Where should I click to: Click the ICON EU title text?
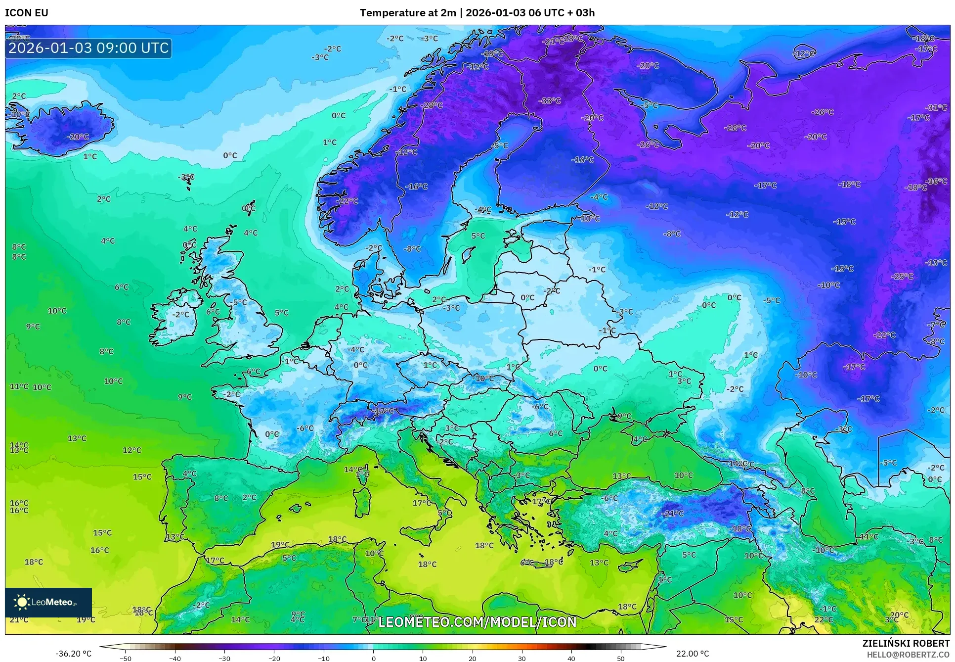click(x=27, y=13)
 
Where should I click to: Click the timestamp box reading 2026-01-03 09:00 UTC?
click(x=88, y=48)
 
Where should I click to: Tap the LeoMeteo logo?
click(x=48, y=602)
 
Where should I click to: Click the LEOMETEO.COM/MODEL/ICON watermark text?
click(x=477, y=622)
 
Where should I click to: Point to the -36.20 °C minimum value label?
click(x=73, y=654)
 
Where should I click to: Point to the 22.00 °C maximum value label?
click(x=692, y=654)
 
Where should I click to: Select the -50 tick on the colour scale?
click(x=126, y=658)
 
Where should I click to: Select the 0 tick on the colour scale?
click(x=373, y=658)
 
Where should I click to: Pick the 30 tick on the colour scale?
click(x=522, y=658)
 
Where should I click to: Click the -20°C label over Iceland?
click(x=78, y=137)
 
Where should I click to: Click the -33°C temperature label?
click(x=550, y=101)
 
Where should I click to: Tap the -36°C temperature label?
click(x=936, y=181)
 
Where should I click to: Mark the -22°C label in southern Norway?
click(x=347, y=201)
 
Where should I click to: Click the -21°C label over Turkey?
click(x=672, y=514)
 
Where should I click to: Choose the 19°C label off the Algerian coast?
click(x=280, y=545)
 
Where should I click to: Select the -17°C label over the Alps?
click(x=383, y=411)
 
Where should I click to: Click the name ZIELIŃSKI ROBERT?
click(x=906, y=643)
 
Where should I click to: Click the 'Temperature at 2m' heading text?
click(x=407, y=13)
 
